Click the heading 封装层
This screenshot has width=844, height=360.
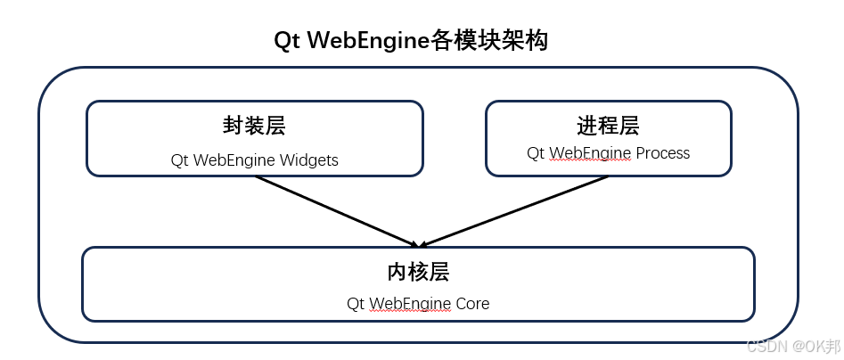click(254, 126)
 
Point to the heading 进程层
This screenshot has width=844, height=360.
click(608, 126)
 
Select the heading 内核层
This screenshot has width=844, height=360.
click(418, 271)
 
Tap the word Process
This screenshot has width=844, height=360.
click(662, 153)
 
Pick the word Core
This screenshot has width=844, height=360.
click(472, 304)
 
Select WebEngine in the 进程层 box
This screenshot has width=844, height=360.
click(589, 153)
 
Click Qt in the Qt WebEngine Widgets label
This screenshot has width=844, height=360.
click(179, 161)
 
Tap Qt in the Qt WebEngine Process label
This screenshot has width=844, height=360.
click(536, 153)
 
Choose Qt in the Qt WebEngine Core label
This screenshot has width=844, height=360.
click(356, 304)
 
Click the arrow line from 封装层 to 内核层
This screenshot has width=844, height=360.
click(334, 209)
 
